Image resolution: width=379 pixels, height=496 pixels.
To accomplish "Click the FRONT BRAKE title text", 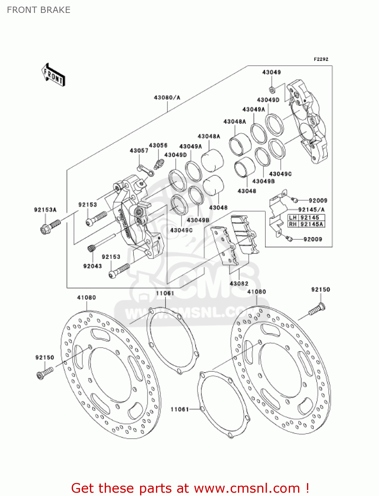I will click(x=39, y=10).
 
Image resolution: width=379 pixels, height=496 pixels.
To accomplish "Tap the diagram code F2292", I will click(x=321, y=59).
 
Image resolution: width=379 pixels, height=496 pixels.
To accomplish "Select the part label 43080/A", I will click(x=167, y=98).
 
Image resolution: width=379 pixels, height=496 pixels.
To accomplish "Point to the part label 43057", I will click(x=139, y=150).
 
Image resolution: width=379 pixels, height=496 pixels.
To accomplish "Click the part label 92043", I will click(x=93, y=266).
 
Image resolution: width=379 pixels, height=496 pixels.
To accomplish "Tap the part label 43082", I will click(x=239, y=283).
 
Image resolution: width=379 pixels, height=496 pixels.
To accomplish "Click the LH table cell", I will click(x=293, y=218).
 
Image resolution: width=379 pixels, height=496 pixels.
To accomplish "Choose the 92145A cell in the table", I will click(x=312, y=224).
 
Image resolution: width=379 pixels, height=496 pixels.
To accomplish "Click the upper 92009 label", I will click(x=318, y=200).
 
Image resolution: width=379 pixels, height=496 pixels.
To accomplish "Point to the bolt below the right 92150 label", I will click(x=317, y=309).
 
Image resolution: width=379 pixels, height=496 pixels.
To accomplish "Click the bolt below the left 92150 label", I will click(x=44, y=373).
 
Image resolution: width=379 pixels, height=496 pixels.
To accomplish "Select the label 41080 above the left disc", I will click(x=87, y=298).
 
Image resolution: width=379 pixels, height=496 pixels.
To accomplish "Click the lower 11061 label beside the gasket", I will click(x=179, y=409).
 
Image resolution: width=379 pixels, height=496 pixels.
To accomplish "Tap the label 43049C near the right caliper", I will click(x=280, y=174).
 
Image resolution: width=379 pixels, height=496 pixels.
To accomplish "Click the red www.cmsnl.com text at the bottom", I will click(x=246, y=488).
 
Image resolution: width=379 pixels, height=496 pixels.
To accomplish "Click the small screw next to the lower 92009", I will click(x=289, y=238).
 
